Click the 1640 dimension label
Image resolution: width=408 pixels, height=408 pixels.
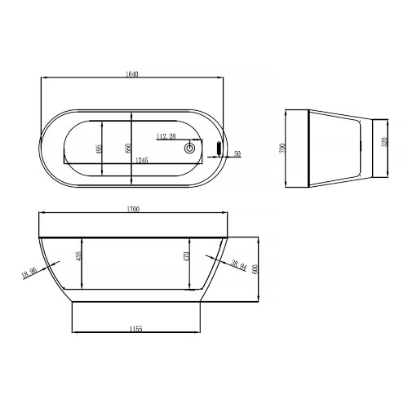[133, 73]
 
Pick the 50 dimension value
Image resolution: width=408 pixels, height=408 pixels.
[237, 153]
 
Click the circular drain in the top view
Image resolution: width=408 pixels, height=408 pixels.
[190, 149]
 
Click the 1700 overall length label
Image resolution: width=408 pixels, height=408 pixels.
[133, 211]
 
